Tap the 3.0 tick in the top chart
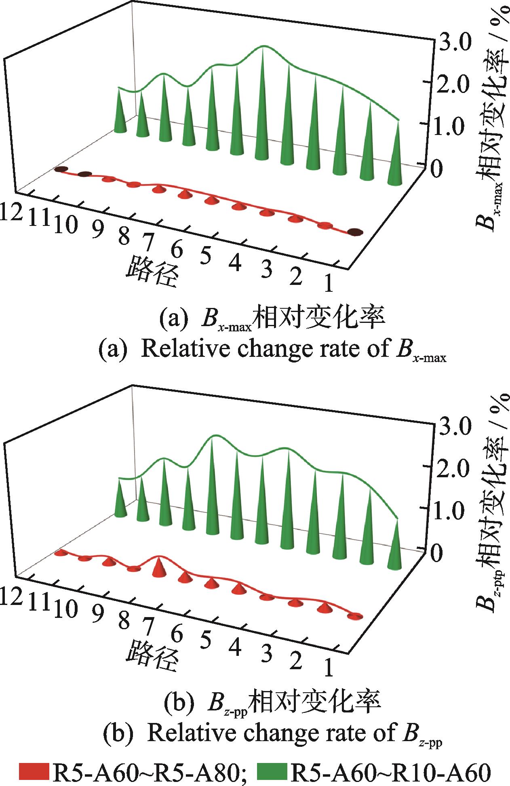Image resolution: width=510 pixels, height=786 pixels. [452, 42]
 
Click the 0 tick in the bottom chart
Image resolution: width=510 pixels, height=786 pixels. [439, 552]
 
